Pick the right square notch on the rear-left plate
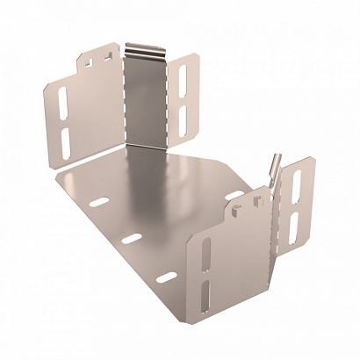105,57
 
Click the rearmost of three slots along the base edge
99,203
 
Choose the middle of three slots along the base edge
132,239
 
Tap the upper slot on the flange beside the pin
295,183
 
